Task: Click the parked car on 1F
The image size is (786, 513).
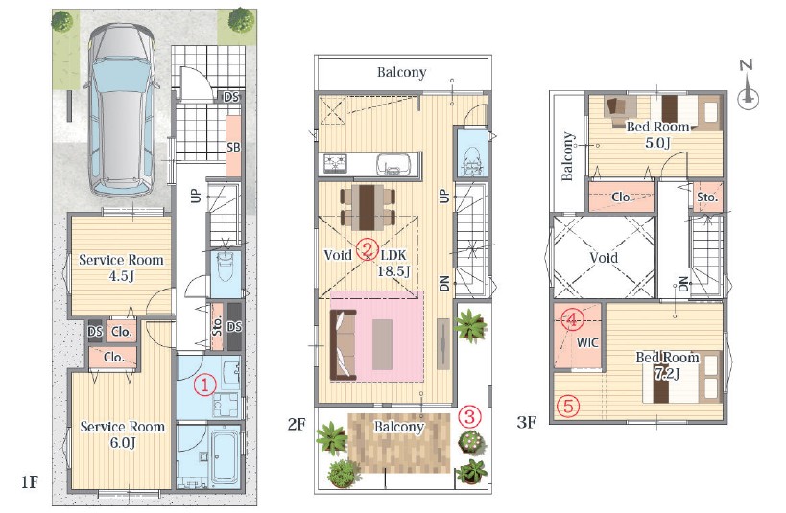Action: pos(122,109)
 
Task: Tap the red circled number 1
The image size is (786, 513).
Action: pos(205,385)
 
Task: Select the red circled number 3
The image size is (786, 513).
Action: pos(469,416)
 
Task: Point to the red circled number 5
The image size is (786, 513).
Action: pos(568,406)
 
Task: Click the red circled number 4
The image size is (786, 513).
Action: pos(571,319)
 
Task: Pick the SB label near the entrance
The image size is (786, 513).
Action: pos(233,148)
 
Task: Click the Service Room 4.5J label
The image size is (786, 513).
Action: pos(121,268)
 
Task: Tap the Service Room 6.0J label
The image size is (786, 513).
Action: pos(123,434)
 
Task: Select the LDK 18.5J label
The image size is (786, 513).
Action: pos(395,263)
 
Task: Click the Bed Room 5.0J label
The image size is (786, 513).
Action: pos(657,134)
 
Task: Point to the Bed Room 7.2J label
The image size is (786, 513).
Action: pos(667,364)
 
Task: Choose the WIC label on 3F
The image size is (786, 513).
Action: pos(587,342)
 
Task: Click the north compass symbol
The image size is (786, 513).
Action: pos(748,85)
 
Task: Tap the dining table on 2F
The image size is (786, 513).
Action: pos(368,207)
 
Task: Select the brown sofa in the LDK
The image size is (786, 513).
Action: pos(344,344)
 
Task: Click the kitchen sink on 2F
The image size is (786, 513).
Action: pos(391,164)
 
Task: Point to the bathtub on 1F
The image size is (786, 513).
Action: pos(223,456)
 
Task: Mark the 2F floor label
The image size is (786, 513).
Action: pos(297,424)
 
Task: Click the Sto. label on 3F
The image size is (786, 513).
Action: pos(707,198)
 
